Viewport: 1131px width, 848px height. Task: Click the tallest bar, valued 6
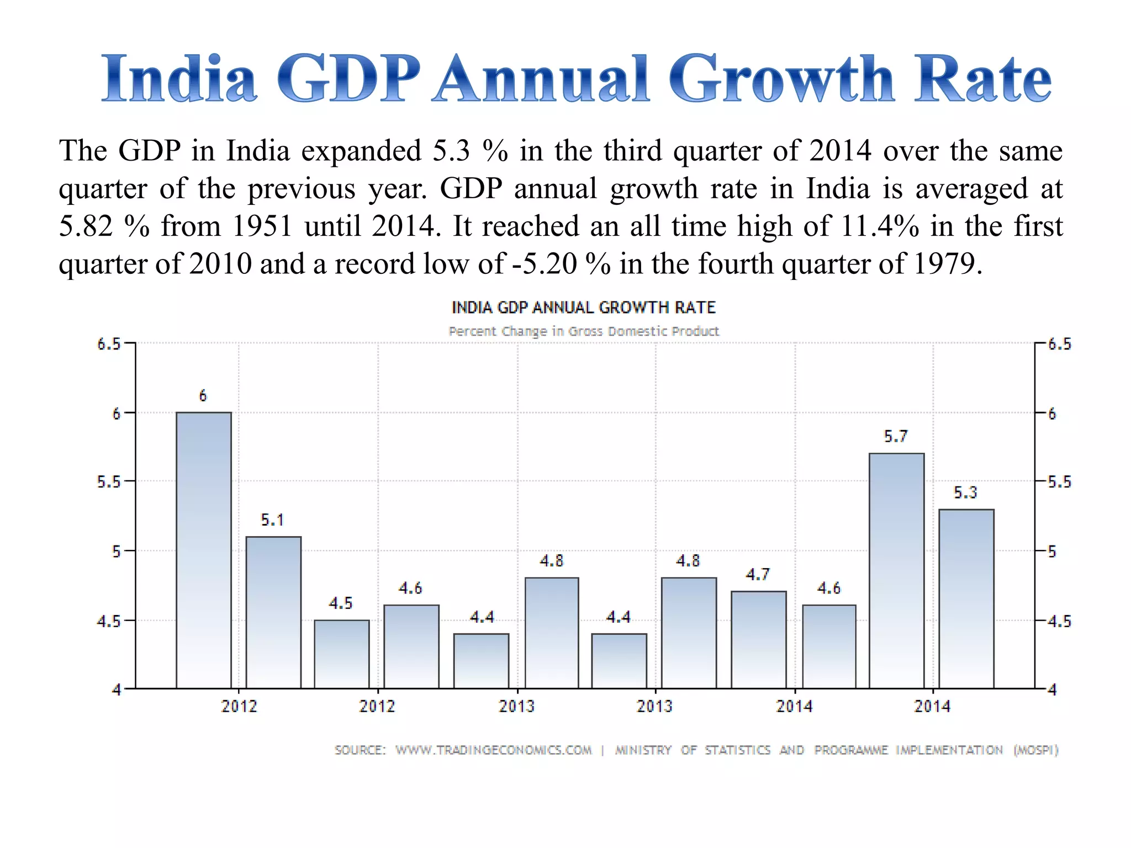(204, 550)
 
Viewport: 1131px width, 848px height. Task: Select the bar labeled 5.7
(896, 570)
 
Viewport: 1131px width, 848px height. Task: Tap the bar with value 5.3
(966, 598)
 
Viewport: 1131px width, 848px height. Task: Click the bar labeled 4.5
(342, 654)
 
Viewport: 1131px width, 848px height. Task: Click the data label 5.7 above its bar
(895, 437)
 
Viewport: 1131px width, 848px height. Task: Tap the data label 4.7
(757, 575)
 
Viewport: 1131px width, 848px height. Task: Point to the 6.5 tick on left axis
(109, 344)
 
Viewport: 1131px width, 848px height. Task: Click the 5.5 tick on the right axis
(1059, 482)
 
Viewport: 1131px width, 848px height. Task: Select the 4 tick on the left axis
(116, 690)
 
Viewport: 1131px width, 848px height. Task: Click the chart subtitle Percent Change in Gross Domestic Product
(584, 331)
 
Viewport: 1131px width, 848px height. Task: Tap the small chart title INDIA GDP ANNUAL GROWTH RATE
(584, 308)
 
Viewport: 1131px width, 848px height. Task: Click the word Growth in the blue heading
(781, 79)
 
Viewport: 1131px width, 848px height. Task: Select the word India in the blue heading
(179, 79)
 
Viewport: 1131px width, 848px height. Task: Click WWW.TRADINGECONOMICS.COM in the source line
(493, 750)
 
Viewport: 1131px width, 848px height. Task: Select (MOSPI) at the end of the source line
(1035, 750)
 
